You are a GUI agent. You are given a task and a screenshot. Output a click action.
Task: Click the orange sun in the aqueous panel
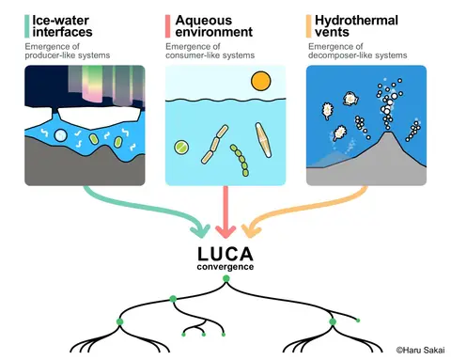click(260, 81)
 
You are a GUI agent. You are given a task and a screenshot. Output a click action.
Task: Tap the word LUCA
click(225, 254)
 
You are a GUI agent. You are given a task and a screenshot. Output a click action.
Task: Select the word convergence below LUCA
click(225, 267)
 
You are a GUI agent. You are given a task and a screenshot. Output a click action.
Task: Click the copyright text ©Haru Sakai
click(420, 350)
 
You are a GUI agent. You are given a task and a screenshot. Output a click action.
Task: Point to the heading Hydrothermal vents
click(356, 26)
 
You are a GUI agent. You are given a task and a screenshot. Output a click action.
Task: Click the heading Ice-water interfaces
click(62, 26)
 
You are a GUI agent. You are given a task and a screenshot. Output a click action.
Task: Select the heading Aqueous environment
click(214, 26)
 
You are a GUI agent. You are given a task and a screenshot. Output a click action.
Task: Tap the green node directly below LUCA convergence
click(225, 278)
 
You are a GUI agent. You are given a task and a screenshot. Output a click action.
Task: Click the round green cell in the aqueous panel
click(181, 147)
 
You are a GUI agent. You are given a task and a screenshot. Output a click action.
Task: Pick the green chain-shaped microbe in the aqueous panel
click(240, 160)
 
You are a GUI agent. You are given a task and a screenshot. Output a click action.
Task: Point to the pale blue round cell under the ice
click(60, 135)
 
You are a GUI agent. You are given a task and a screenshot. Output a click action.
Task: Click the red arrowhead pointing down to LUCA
click(225, 232)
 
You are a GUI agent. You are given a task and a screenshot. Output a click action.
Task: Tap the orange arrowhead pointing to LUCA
click(250, 231)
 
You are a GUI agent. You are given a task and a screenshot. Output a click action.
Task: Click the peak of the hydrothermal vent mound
click(388, 133)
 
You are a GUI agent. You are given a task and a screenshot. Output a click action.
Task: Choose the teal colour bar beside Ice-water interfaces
click(27, 26)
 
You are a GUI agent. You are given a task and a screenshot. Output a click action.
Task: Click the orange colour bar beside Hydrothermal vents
click(309, 26)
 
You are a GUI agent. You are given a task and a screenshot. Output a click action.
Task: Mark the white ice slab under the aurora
click(99, 117)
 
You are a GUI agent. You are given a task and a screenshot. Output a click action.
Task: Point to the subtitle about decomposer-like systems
click(357, 51)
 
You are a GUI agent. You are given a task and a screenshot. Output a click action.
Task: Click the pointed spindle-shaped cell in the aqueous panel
click(263, 140)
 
